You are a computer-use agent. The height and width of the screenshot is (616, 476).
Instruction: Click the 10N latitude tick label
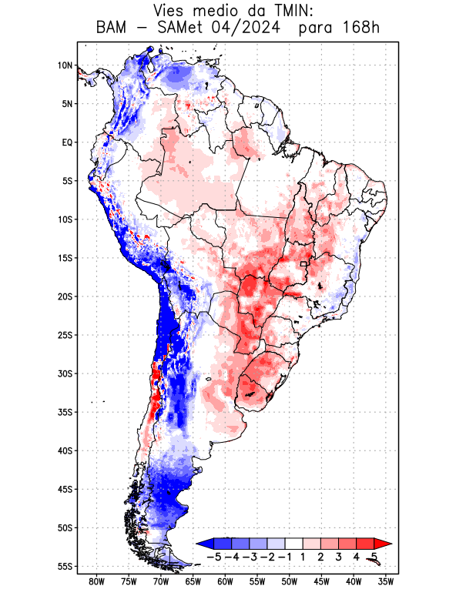(65, 65)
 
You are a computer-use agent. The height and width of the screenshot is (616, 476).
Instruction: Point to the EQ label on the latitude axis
(67, 142)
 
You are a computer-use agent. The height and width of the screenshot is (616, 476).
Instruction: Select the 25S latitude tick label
(64, 335)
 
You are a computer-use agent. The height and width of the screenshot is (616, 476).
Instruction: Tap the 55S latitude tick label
(64, 566)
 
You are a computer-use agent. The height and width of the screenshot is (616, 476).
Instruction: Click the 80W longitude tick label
(96, 581)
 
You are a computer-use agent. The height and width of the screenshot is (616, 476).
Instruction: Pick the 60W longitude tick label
(225, 581)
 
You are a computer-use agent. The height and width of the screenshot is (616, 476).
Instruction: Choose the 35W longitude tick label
(386, 581)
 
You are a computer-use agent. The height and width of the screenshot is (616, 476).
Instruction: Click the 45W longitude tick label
(322, 581)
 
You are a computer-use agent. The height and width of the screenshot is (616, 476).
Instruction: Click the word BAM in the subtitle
(116, 28)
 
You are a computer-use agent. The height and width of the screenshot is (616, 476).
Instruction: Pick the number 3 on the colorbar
(338, 556)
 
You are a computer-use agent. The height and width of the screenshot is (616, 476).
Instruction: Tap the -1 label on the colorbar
(285, 556)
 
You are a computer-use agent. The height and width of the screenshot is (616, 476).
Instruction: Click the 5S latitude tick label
(67, 181)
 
